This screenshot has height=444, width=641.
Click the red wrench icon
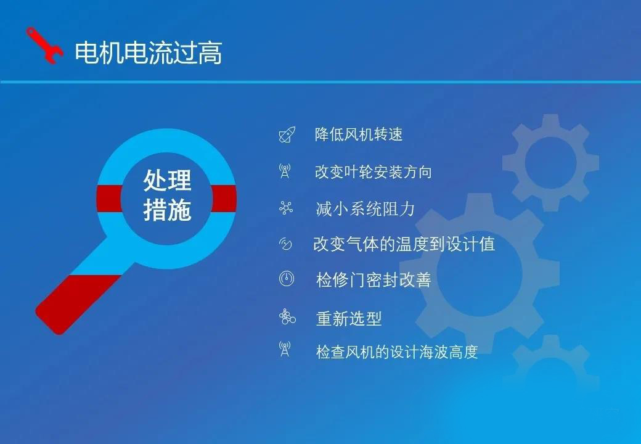[x=44, y=46]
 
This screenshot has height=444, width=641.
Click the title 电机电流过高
[x=149, y=53]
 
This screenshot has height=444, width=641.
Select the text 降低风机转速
[x=359, y=134]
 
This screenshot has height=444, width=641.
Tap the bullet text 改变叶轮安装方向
[x=374, y=172]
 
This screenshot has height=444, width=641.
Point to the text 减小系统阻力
[x=365, y=209]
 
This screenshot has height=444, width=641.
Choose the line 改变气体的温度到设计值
[x=404, y=244]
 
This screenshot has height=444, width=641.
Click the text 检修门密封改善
[x=374, y=280]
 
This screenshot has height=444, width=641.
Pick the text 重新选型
[x=349, y=318]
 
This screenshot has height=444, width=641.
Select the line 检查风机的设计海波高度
[x=396, y=351]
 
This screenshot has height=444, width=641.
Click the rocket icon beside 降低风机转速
[x=287, y=134]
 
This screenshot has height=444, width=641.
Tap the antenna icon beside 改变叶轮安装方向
[x=285, y=171]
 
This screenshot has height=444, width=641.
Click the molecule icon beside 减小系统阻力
[x=286, y=208]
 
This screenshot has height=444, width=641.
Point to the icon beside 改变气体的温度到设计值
[x=285, y=244]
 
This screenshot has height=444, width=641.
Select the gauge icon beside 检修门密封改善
[x=287, y=279]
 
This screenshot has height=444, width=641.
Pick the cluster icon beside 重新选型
[x=287, y=317]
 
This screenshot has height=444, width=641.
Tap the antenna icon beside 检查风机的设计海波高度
[x=285, y=349]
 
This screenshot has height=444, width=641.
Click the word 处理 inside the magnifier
[x=167, y=180]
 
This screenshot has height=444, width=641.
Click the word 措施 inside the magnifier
[x=167, y=210]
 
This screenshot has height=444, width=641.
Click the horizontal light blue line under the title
[x=320, y=82]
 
